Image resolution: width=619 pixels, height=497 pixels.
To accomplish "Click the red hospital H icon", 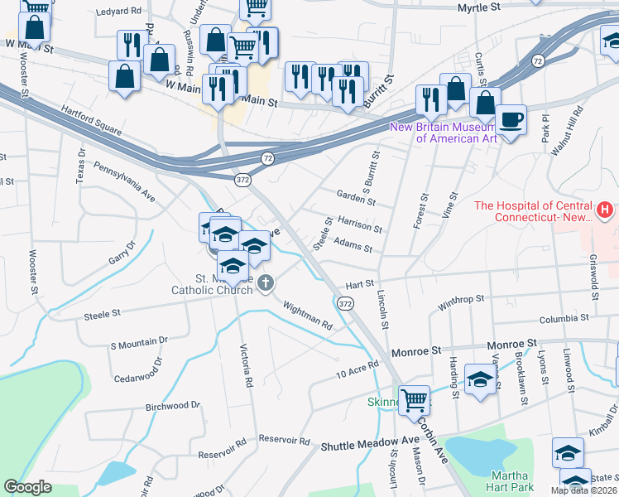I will [606, 211].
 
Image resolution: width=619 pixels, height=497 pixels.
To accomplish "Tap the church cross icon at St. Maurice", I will [265, 284].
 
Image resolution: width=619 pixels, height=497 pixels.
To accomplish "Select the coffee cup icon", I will [511, 119].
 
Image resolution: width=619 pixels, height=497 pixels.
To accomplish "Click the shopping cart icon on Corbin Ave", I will [415, 399].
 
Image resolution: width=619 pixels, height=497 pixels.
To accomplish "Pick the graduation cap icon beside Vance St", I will [481, 379].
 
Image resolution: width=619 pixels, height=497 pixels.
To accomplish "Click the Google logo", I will [27, 486].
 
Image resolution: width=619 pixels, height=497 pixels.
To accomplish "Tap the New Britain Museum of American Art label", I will [444, 133].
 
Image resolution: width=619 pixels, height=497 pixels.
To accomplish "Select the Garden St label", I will [357, 196].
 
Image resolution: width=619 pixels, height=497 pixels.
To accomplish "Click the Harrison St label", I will [360, 224].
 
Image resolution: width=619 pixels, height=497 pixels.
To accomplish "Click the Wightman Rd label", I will [307, 316].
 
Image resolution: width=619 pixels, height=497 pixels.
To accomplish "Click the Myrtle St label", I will [482, 7].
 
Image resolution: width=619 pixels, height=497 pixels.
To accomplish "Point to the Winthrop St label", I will [461, 303].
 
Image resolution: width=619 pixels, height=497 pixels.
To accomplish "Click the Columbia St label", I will [567, 318].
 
